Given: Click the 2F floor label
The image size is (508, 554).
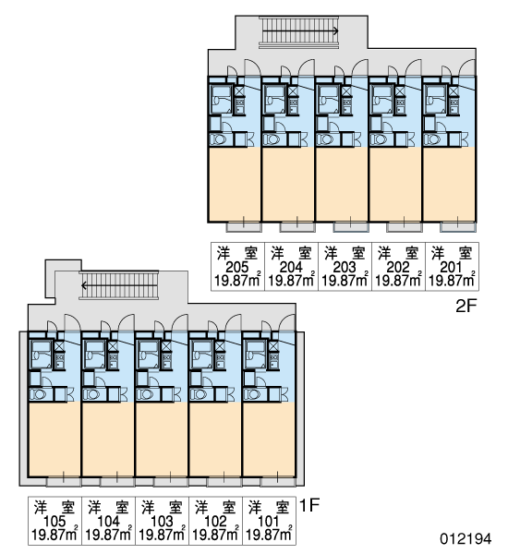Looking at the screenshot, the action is [x=466, y=306].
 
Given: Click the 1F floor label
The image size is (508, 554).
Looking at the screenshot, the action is [x=309, y=505].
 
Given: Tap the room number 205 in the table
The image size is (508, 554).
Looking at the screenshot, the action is [x=237, y=268].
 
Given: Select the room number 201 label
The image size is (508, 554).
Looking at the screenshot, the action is [x=451, y=268].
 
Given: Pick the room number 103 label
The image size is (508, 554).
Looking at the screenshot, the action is [x=162, y=522].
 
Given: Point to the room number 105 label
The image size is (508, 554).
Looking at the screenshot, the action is [x=54, y=522].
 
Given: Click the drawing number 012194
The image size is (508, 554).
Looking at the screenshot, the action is [x=466, y=539].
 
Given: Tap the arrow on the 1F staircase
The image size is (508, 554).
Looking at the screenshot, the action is [x=119, y=285].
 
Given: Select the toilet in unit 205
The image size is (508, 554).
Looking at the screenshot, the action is [x=219, y=139].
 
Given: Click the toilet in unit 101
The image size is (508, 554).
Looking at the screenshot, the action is [x=253, y=394].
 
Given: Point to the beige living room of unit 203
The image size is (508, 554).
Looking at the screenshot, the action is [x=342, y=184].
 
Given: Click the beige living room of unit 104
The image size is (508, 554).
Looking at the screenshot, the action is [x=108, y=440].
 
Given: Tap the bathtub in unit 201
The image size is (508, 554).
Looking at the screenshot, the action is [x=434, y=99].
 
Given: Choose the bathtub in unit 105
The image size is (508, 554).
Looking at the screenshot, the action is [x=41, y=355].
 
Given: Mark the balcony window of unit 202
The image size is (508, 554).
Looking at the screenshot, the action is [x=405, y=226].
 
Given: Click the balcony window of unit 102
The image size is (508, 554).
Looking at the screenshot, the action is [x=224, y=482].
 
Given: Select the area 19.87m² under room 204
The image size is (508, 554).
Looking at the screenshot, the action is [x=291, y=281].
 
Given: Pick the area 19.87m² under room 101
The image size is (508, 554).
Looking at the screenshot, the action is [x=269, y=535].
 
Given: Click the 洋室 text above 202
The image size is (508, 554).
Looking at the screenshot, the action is [x=398, y=253].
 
